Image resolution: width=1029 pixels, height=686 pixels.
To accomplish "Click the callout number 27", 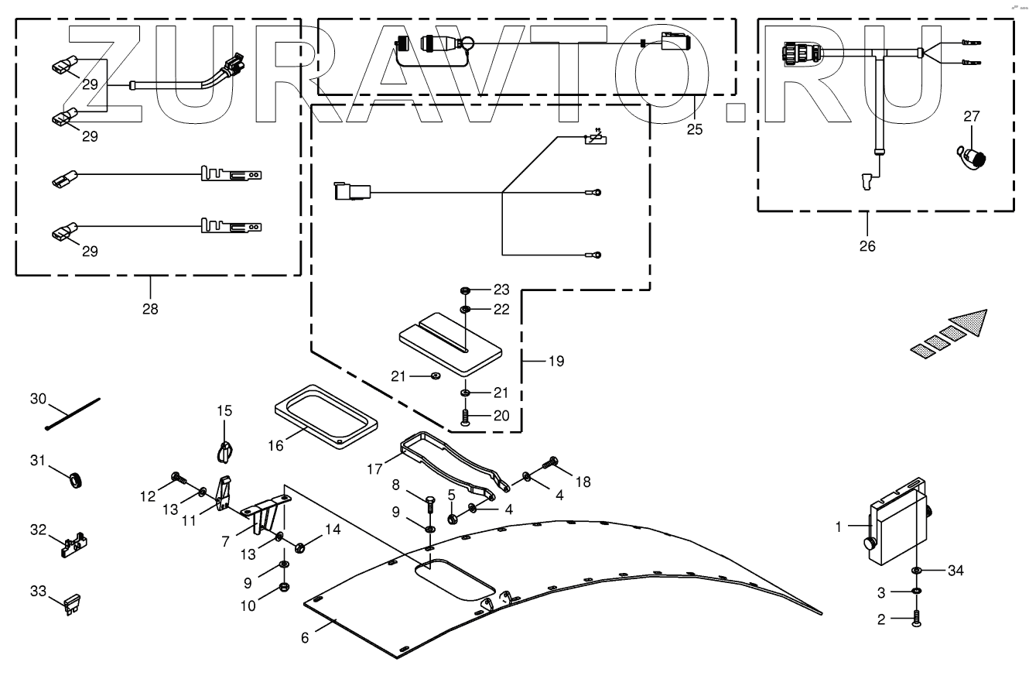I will point(971,117).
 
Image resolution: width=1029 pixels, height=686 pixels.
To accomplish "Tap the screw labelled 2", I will point(917,619).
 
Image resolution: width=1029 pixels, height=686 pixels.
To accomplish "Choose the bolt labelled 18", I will point(552,464).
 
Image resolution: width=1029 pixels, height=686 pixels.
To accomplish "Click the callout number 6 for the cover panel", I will point(305,637).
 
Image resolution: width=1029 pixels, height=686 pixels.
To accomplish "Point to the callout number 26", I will point(867,247).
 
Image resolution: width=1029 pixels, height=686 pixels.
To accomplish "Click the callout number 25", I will point(695,129).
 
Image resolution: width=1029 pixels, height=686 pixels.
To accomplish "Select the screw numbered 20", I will point(465,417).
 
